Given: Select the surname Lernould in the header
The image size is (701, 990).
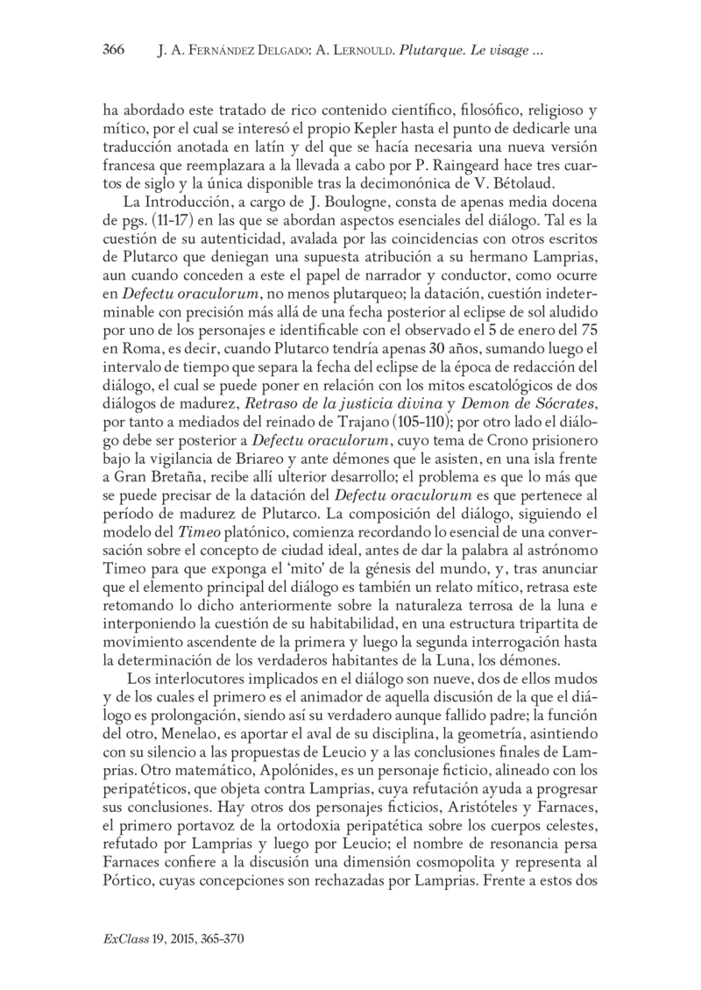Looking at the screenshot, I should click(x=358, y=51).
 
